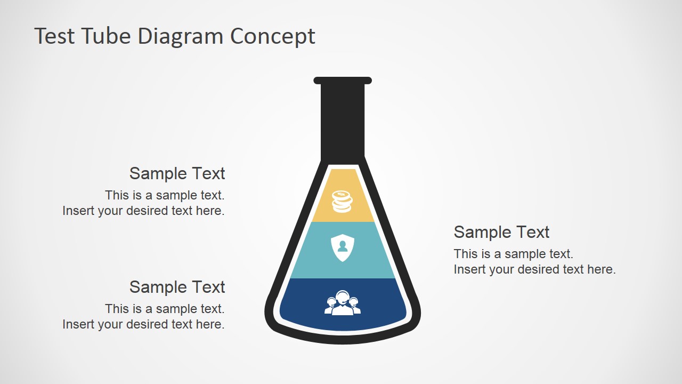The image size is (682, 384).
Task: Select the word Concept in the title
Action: tap(273, 36)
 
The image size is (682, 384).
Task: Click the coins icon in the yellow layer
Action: tap(342, 202)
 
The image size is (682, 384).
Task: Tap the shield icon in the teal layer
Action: tap(342, 247)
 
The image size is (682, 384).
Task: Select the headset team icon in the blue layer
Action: tap(343, 303)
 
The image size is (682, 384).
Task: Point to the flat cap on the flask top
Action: tap(343, 81)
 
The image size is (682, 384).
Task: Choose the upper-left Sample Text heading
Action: tap(177, 173)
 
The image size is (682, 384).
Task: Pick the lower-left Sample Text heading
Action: tap(177, 287)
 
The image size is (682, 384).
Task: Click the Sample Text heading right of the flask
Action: tap(501, 232)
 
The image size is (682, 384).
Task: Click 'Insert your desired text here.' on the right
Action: tap(534, 269)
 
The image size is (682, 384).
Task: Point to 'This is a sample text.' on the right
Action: tap(513, 254)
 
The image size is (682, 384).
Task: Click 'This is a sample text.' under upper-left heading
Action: tap(165, 195)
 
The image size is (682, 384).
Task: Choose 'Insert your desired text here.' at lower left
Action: tap(143, 324)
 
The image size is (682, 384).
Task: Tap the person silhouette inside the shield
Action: tap(342, 246)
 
